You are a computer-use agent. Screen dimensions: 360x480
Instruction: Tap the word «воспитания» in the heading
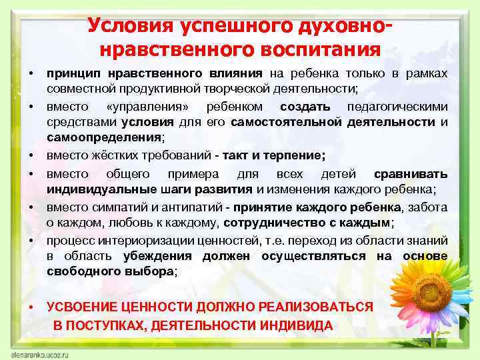325,50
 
